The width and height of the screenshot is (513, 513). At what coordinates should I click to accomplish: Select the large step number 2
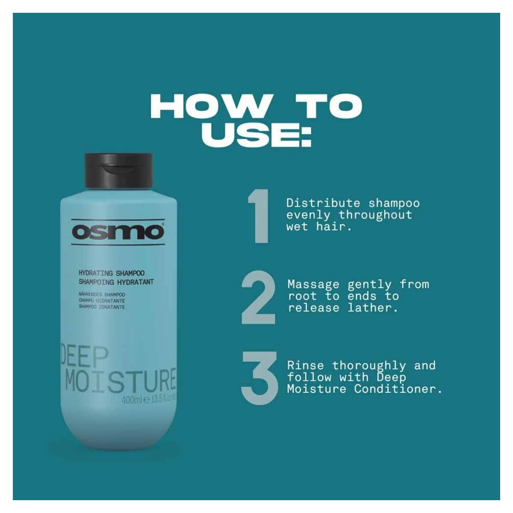point(258,297)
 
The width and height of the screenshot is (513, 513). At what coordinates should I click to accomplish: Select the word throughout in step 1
point(376,215)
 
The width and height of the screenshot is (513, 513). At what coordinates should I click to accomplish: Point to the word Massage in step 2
point(313,284)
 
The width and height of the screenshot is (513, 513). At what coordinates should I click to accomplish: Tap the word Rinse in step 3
point(305,366)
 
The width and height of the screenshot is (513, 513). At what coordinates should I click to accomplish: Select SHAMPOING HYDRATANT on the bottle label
point(116,282)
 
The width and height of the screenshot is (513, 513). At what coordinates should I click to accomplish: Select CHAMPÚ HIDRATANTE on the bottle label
point(102,301)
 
